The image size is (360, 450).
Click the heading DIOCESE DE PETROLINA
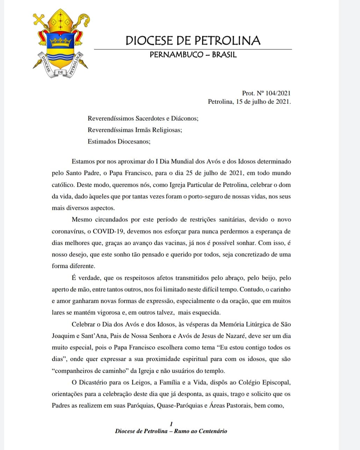coord(193,41)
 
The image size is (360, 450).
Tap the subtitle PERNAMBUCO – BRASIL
coord(193,55)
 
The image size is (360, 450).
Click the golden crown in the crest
coord(61,43)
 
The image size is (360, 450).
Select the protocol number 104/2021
coord(278,93)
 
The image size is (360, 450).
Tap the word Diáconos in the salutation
coord(185,118)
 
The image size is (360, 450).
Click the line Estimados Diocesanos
coord(119,141)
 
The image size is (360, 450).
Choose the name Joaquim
coord(63,336)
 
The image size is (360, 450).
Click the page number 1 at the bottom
coord(171,424)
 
